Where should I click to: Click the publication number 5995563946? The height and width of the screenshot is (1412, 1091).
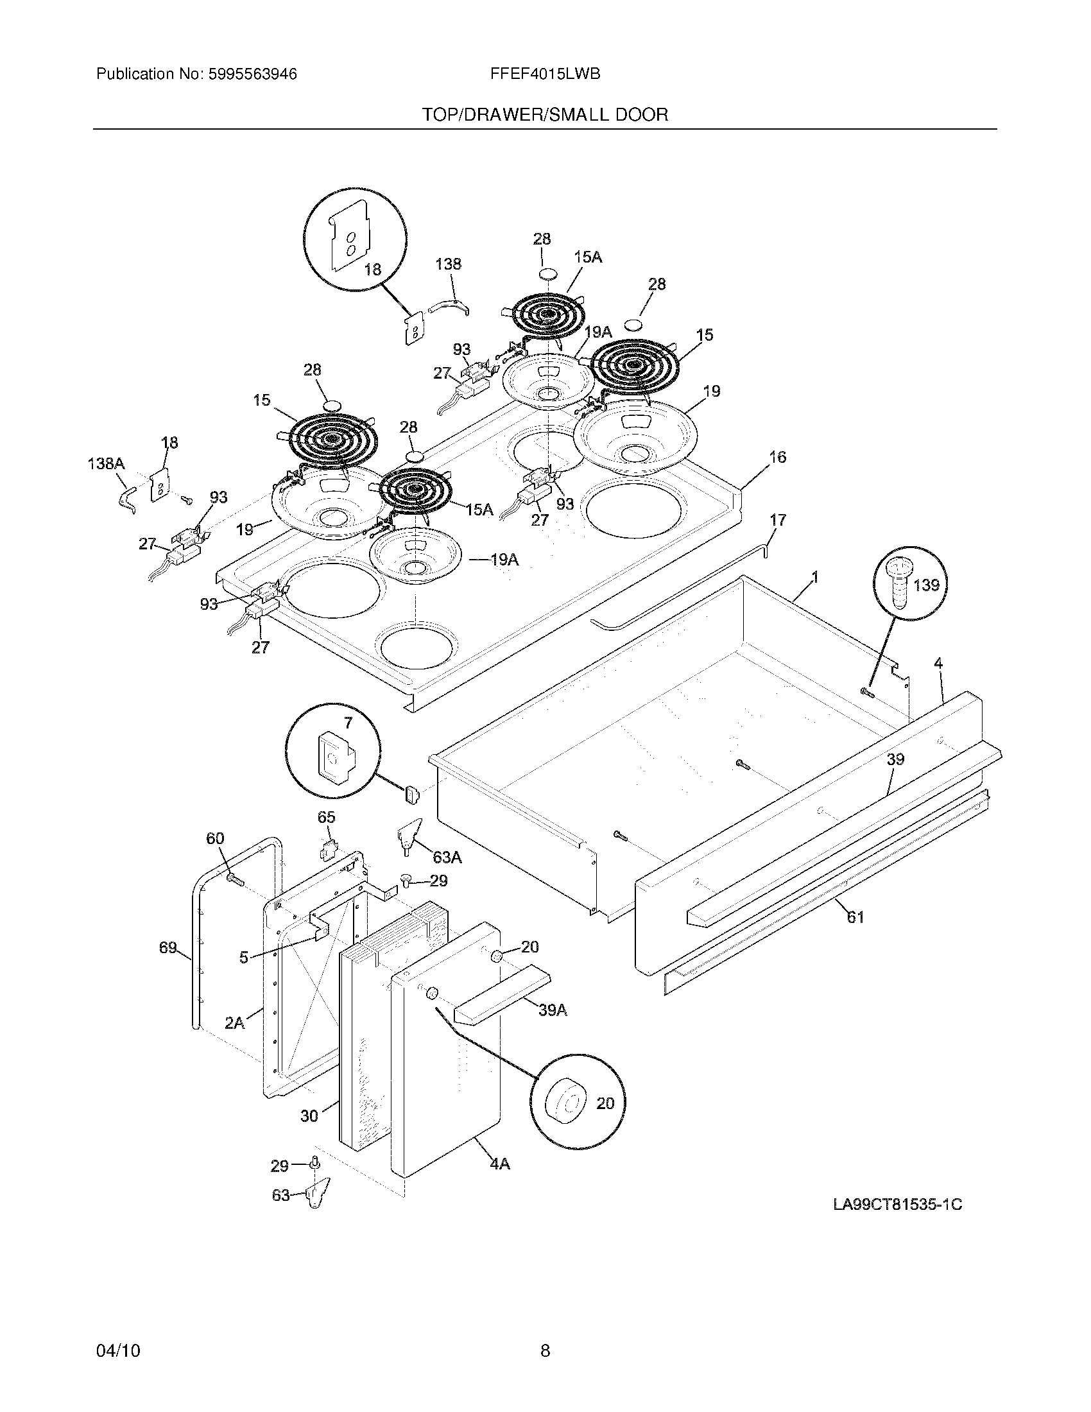(x=252, y=74)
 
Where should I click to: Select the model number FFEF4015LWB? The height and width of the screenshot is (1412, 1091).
(x=545, y=74)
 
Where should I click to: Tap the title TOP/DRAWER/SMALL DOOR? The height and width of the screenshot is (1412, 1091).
(x=545, y=115)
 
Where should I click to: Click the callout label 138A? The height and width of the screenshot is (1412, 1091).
(x=106, y=463)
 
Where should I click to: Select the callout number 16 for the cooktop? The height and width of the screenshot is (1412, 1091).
(x=778, y=457)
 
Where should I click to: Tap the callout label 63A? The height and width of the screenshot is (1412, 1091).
(x=447, y=857)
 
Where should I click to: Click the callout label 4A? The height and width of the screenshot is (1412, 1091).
(x=499, y=1164)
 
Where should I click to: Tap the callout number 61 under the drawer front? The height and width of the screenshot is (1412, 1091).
(x=855, y=917)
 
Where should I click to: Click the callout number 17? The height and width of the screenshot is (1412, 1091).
(x=778, y=520)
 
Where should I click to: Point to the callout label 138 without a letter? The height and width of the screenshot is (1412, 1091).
(x=448, y=264)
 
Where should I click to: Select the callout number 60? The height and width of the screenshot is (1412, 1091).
(x=215, y=839)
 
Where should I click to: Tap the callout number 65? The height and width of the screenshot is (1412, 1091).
(x=327, y=817)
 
